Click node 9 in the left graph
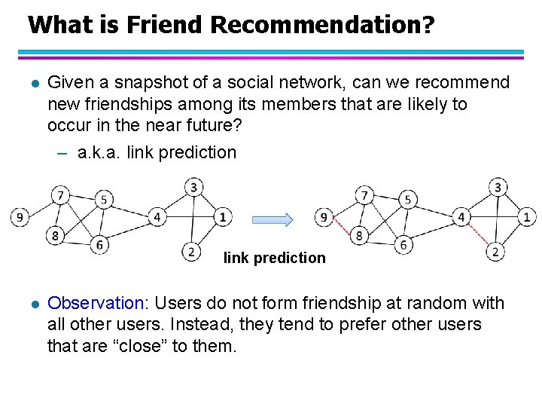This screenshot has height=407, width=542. [20, 218]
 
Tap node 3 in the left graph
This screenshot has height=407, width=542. [194, 186]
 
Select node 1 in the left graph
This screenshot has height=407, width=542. [221, 218]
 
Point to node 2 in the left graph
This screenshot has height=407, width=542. [192, 251]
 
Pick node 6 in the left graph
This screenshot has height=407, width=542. [100, 244]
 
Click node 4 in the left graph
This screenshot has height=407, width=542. [157, 218]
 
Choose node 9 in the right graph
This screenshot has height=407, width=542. [324, 218]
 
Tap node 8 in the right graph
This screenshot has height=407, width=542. [360, 236]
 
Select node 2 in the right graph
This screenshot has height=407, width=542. [495, 251]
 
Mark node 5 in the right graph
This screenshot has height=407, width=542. [407, 200]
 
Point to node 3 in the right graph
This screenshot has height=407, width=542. [498, 186]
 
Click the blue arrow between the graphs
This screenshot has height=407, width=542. [272, 219]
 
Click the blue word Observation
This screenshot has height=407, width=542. [96, 304]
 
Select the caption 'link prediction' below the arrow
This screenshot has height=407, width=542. [275, 258]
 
